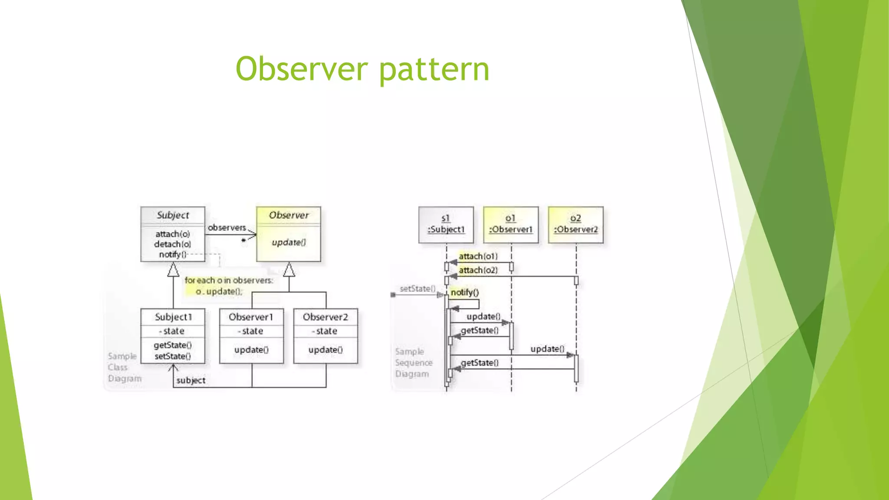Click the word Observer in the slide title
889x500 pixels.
[x=302, y=69]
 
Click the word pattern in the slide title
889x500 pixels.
[x=435, y=69]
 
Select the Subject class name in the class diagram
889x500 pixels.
[x=173, y=215]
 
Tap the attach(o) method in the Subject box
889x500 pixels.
[x=173, y=234]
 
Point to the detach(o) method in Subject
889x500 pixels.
[x=173, y=244]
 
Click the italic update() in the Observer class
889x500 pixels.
[x=289, y=242]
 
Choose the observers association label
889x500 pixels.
[x=227, y=227]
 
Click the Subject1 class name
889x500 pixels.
[x=173, y=317]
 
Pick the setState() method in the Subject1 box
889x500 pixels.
[x=173, y=356]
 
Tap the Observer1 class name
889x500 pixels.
[x=251, y=317]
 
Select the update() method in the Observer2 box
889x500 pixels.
[x=326, y=350]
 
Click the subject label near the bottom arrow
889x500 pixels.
[x=191, y=381]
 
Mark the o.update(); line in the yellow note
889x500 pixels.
[x=219, y=292]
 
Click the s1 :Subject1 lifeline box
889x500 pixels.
[x=446, y=224]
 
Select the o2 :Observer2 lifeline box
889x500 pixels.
[x=576, y=224]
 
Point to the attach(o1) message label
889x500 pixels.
[x=478, y=257]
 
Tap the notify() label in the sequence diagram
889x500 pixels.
[x=464, y=293]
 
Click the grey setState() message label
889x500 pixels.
[x=417, y=289]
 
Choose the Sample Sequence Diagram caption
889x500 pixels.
[x=413, y=363]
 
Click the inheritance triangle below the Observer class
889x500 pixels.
[x=289, y=270]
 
